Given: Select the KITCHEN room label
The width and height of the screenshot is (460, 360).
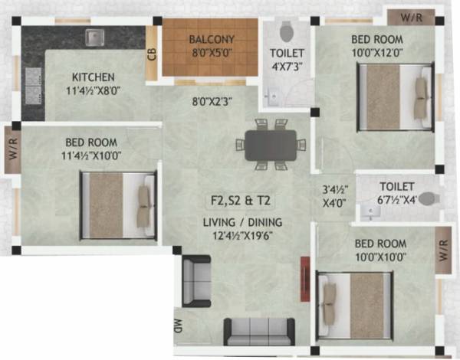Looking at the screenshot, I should pyautogui.click(x=94, y=77).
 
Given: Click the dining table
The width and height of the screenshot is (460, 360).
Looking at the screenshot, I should pyautogui.click(x=271, y=145).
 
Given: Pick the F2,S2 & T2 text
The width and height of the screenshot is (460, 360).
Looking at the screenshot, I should pyautogui.click(x=242, y=202).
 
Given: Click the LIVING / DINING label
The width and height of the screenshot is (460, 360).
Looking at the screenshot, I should pyautogui.click(x=242, y=223).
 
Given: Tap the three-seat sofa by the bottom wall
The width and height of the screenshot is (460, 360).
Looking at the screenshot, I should pyautogui.click(x=259, y=331).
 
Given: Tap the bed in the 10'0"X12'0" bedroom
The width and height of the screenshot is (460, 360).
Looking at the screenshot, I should pyautogui.click(x=394, y=91).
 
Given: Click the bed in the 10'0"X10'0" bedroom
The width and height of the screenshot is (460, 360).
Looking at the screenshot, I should pyautogui.click(x=356, y=306).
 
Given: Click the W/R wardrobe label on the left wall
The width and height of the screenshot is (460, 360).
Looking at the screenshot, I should pyautogui.click(x=13, y=146).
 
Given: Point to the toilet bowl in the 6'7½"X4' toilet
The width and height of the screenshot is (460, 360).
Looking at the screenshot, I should pyautogui.click(x=427, y=198).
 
